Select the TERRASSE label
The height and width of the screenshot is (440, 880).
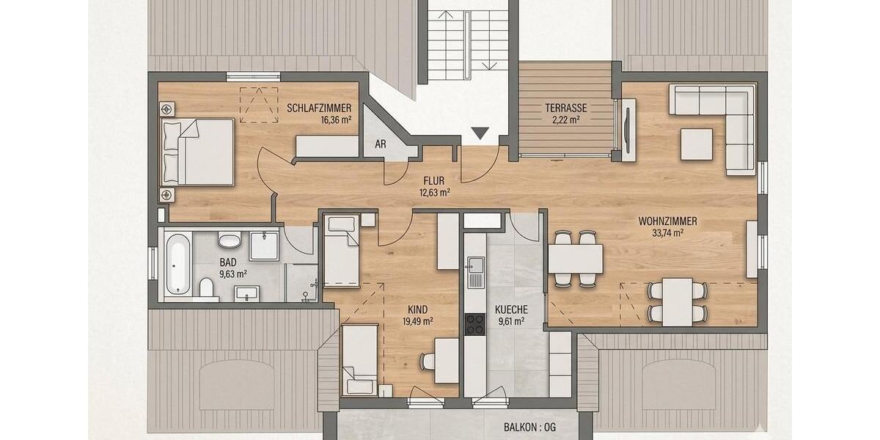pyautogui.click(x=565, y=108)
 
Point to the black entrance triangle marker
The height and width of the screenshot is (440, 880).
pyautogui.click(x=480, y=133)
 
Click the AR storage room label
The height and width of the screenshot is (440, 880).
pyautogui.click(x=381, y=144)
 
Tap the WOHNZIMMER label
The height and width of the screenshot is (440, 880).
pyautogui.click(x=667, y=221)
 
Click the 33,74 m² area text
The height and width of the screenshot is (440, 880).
pyautogui.click(x=667, y=233)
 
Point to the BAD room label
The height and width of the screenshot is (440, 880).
pyautogui.click(x=228, y=262)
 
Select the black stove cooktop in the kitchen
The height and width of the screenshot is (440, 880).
pyautogui.click(x=474, y=323)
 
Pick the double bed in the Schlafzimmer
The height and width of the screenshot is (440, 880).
pyautogui.click(x=197, y=152)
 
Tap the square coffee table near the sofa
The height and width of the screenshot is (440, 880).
pyautogui.click(x=696, y=144)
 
